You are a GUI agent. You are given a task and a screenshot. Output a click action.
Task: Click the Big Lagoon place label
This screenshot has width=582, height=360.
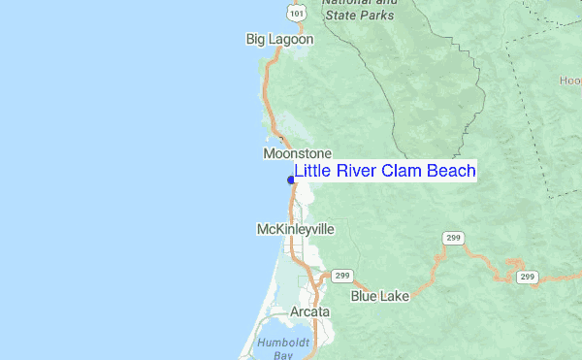(x=279, y=40)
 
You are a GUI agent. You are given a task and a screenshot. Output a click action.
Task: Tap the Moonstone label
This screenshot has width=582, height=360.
(x=297, y=154)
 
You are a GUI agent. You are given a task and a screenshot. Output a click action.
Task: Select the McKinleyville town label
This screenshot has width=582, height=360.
(x=295, y=229)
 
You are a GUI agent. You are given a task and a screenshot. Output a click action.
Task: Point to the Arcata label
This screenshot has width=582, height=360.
(x=309, y=312)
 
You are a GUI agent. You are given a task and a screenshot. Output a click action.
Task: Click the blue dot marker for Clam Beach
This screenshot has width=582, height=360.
(x=291, y=180)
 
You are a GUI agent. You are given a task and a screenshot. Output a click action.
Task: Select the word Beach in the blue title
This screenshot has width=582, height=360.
(x=449, y=172)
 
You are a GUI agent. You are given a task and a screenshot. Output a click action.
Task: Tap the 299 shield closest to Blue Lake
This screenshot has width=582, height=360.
(x=342, y=276)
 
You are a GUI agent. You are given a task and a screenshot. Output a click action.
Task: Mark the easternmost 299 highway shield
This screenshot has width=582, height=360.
(x=527, y=277)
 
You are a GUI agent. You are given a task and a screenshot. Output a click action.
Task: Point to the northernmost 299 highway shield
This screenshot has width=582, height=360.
(x=452, y=238)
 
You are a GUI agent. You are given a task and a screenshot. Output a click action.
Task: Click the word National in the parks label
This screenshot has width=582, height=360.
(x=354, y=3)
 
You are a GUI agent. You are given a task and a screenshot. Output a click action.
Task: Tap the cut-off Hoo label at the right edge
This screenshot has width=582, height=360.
(x=570, y=81)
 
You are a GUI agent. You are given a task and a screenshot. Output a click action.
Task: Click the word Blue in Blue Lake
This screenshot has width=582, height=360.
(x=365, y=296)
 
